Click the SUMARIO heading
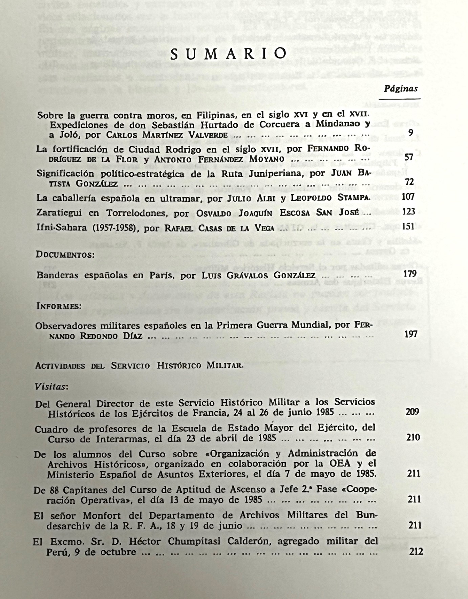tap(229, 53)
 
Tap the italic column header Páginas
tap(401, 89)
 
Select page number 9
tap(410, 133)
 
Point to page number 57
tap(409, 157)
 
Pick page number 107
tap(408, 197)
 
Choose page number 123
tap(408, 212)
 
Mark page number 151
tap(408, 226)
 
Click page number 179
tap(410, 274)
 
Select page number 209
tap(412, 412)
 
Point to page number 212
tap(416, 552)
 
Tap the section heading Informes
tap(59, 306)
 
